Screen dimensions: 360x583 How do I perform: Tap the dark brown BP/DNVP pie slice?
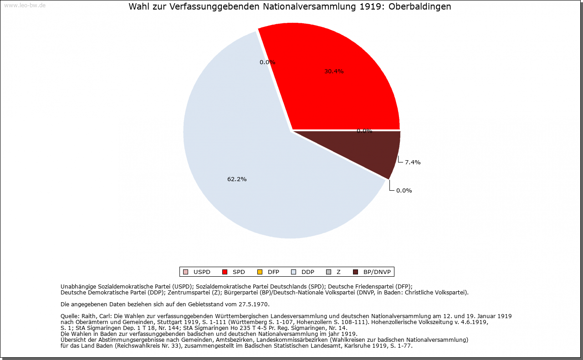[x=378, y=150]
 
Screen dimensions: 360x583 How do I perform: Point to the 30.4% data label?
[x=334, y=71]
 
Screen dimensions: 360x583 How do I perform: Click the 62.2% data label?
[x=237, y=179]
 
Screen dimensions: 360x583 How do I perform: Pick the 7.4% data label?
[x=413, y=162]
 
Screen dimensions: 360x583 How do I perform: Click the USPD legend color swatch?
[x=185, y=272]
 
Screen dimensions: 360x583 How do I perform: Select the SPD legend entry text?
[x=239, y=272]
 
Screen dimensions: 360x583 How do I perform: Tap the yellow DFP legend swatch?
[x=260, y=272]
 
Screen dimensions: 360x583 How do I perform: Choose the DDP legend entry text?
[x=308, y=272]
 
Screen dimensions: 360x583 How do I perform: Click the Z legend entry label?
[x=338, y=272]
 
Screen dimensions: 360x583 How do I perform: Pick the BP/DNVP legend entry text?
[x=377, y=272]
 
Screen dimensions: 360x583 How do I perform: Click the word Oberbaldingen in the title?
[x=419, y=7]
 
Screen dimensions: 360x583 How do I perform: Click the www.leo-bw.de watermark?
[x=25, y=5]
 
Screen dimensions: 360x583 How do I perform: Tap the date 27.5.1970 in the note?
[x=254, y=304]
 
